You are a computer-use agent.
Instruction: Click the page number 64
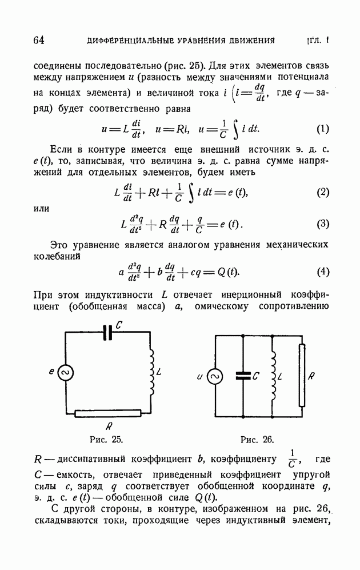[39, 40]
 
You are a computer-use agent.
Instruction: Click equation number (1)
[322, 129]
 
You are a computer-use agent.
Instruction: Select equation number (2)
[322, 192]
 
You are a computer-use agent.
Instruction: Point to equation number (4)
[322, 272]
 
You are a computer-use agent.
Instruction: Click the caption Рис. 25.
[107, 440]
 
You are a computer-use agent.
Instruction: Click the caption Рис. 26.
[257, 440]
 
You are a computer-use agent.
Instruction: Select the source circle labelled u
[215, 376]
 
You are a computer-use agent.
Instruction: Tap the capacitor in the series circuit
[107, 334]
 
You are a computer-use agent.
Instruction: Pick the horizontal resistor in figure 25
[108, 412]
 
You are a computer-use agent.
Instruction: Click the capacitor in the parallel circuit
[243, 376]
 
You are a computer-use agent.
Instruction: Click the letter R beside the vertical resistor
[311, 377]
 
